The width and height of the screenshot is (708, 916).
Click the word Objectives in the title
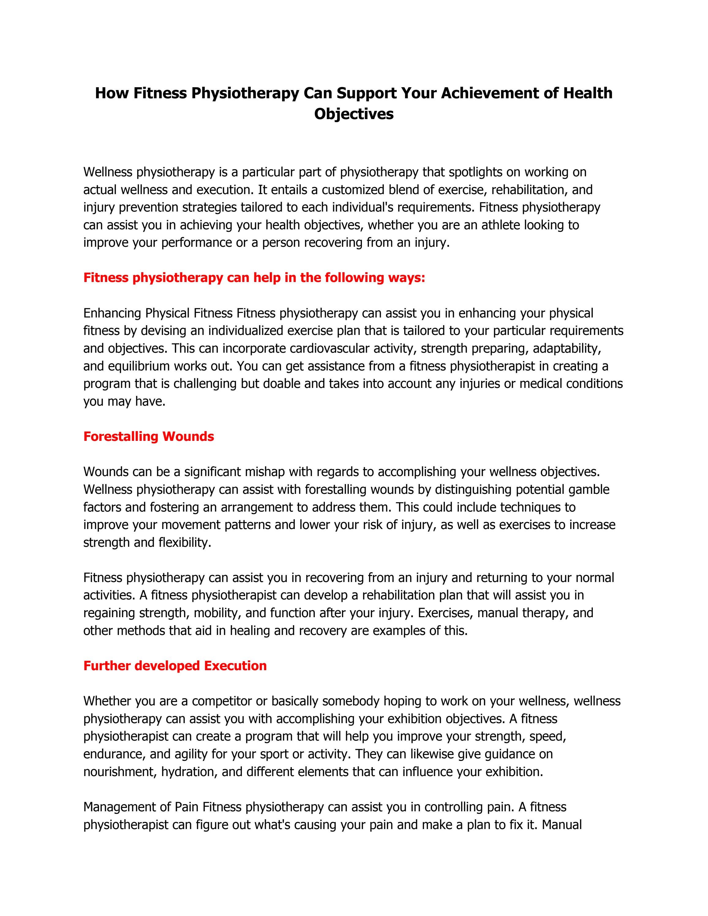354,114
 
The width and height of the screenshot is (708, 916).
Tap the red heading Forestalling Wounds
149,437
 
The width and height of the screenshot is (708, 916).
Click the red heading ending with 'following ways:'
254,278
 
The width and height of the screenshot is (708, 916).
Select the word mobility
216,613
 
